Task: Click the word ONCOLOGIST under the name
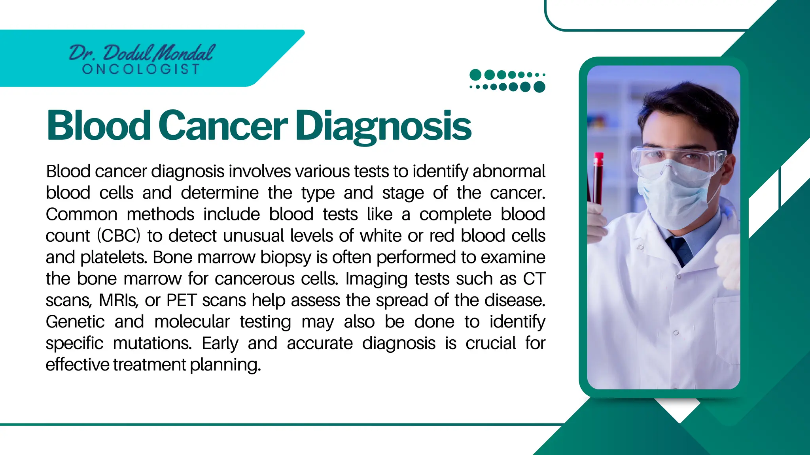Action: (x=141, y=70)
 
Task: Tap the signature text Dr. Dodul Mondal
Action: (x=142, y=53)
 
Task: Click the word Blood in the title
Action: (x=98, y=126)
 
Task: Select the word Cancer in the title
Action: (x=223, y=126)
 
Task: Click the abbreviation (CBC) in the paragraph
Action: (x=119, y=236)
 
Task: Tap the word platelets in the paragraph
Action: (x=114, y=258)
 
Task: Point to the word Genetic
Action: (x=75, y=322)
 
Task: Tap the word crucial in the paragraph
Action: (x=490, y=343)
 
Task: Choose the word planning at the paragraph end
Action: (x=225, y=365)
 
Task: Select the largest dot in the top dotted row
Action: (x=475, y=75)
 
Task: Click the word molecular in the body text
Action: (x=192, y=322)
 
